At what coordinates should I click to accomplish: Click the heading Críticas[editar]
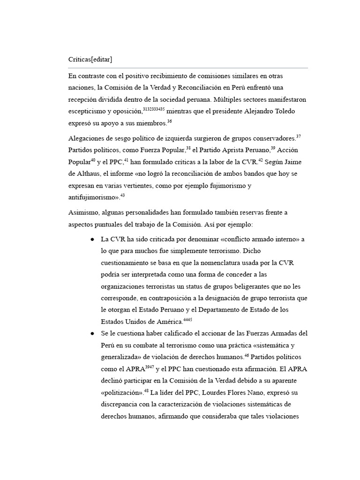click(x=90, y=60)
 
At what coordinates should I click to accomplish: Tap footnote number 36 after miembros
click(x=170, y=121)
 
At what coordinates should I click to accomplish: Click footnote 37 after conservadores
click(x=299, y=137)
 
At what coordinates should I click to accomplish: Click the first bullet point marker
click(x=92, y=240)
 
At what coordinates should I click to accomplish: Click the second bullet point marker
click(x=92, y=333)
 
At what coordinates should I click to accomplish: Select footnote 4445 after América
click(x=188, y=319)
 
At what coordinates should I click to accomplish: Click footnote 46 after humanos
click(x=247, y=354)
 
